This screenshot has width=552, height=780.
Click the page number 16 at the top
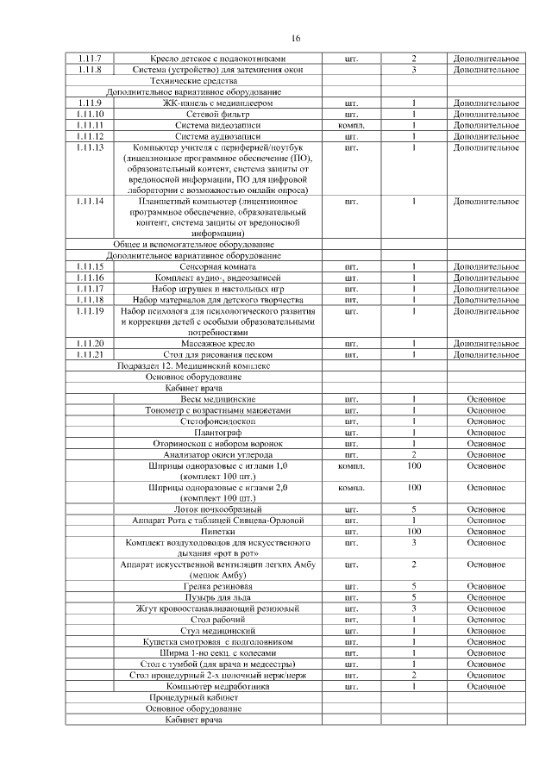point(296,39)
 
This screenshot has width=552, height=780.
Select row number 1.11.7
point(90,58)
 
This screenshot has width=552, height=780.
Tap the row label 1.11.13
point(90,147)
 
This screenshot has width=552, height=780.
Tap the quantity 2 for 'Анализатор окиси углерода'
point(414,454)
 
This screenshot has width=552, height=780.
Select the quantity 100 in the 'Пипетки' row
point(414,532)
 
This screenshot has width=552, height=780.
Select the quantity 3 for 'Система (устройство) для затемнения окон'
point(414,69)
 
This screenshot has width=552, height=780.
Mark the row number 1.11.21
point(90,354)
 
